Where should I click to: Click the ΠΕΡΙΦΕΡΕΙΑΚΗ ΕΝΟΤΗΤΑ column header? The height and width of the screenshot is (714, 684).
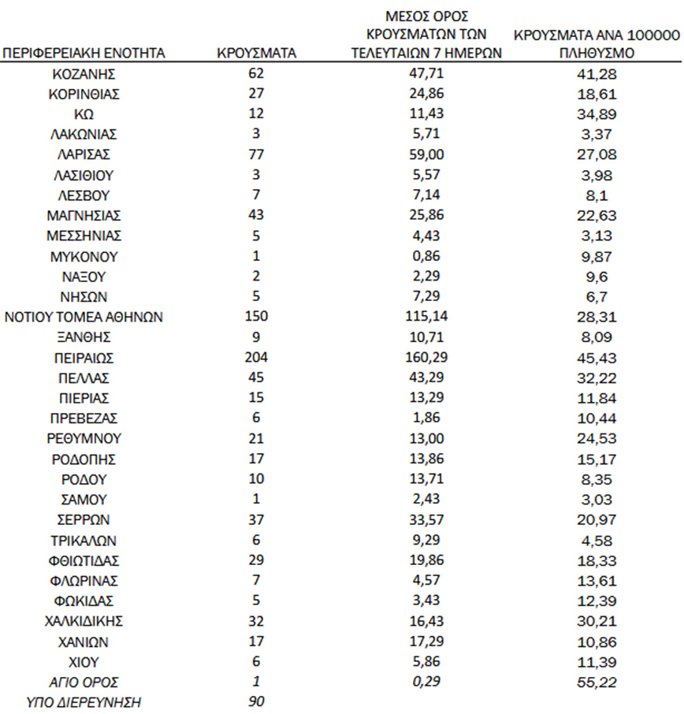84,54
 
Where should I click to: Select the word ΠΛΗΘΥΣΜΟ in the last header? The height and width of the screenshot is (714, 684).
596,54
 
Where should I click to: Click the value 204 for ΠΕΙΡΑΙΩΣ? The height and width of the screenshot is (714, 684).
256,357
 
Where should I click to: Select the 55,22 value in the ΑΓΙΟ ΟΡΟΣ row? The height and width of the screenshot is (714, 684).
596,681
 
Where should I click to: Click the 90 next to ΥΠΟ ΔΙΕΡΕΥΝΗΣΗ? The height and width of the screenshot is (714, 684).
256,701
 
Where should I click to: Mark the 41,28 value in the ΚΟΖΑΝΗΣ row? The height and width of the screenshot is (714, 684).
596,74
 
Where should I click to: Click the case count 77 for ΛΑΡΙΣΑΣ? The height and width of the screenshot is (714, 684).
256,155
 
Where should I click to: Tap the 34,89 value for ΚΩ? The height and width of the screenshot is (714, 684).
596,114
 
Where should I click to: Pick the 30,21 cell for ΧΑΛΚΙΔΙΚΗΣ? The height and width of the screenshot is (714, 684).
596,620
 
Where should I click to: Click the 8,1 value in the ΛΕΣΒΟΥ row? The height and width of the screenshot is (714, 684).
596,195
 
